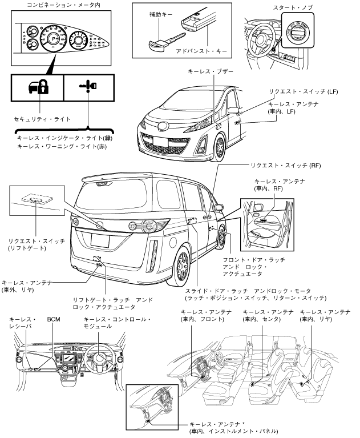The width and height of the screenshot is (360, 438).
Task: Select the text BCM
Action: pos(54,320)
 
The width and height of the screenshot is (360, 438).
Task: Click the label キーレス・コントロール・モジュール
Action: pos(117,324)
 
